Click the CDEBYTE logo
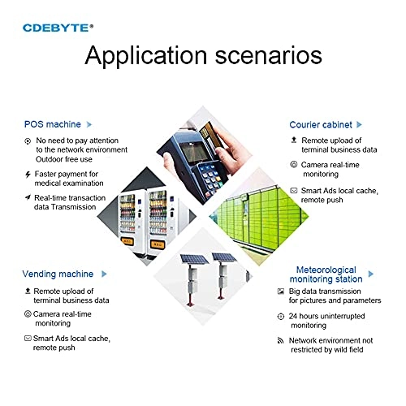(x=58, y=28)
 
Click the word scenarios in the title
(x=268, y=55)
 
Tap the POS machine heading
(x=53, y=124)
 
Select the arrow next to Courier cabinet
(x=359, y=124)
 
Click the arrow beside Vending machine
(x=104, y=274)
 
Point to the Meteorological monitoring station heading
(x=326, y=274)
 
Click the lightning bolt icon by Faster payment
(x=28, y=175)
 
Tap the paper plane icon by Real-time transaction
(x=28, y=197)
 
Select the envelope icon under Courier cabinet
(x=294, y=191)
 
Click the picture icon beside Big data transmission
(x=281, y=292)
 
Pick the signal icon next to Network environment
(x=281, y=340)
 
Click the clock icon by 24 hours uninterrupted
(x=281, y=316)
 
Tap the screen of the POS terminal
(x=194, y=152)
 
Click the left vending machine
(x=131, y=222)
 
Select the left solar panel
(x=194, y=259)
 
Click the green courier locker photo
(x=259, y=217)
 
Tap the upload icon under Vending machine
(x=28, y=291)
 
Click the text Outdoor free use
(x=64, y=159)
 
